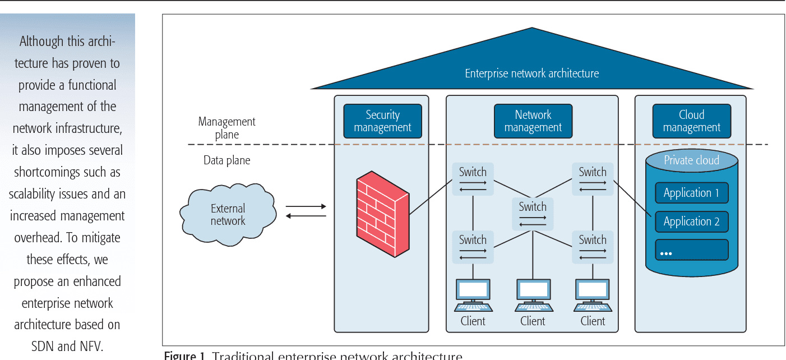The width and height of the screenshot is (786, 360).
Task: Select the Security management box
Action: tap(382, 121)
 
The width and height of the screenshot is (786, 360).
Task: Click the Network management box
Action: tap(533, 121)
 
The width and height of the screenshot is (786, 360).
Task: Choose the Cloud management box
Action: tap(691, 121)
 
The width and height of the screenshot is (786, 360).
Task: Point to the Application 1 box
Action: tap(691, 193)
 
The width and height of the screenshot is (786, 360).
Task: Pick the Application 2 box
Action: tap(691, 221)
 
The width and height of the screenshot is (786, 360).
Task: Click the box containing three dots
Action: tap(691, 250)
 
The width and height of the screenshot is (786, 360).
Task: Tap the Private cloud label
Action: tap(691, 160)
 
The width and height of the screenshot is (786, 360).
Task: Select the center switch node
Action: tap(533, 214)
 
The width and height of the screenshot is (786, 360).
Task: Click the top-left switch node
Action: tap(473, 179)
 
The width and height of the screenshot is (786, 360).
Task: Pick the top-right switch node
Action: tap(593, 179)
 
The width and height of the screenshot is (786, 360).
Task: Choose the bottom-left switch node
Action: tap(473, 247)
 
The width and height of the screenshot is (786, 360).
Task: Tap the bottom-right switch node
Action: tap(593, 247)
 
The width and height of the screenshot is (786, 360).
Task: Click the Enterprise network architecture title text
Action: tap(531, 73)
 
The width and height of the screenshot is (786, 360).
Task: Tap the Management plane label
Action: tap(226, 128)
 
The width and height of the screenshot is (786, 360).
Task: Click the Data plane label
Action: tap(226, 161)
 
